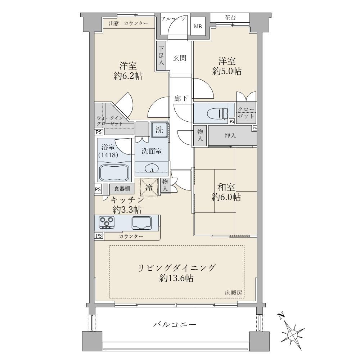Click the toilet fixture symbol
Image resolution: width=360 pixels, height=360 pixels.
point(217,113)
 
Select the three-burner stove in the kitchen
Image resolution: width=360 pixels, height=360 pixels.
point(107,222)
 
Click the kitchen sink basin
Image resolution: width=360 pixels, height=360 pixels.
point(141,223)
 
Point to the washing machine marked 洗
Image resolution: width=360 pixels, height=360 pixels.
point(159,130)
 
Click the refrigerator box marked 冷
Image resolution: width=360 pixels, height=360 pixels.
point(149,187)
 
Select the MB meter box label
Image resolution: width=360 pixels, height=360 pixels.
point(198,26)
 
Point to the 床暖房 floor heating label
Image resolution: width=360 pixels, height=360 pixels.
point(233,293)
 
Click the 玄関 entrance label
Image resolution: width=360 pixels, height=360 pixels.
point(180,58)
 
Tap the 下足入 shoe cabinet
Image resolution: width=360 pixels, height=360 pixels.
point(161,55)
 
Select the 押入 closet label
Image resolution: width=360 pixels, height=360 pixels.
point(230,135)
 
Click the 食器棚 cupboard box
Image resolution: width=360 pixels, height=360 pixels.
point(122,189)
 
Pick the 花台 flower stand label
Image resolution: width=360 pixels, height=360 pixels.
point(230,18)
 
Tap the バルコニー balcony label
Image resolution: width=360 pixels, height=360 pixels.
point(175,324)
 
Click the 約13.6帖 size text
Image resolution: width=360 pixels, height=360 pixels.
point(176,278)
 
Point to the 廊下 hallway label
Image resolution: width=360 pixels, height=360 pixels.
point(181,99)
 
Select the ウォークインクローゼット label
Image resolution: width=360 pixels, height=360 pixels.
point(109,121)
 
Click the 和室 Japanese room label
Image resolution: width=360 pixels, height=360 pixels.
point(226,187)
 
